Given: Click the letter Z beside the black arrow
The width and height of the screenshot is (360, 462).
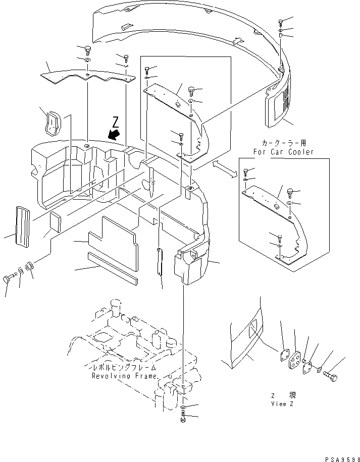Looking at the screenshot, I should [x=116, y=122].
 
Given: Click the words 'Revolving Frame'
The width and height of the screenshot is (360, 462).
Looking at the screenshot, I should [x=124, y=376].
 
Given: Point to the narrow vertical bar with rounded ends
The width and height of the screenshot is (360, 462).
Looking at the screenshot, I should [x=160, y=262].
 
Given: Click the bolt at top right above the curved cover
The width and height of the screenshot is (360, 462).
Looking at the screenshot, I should [x=281, y=22].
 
